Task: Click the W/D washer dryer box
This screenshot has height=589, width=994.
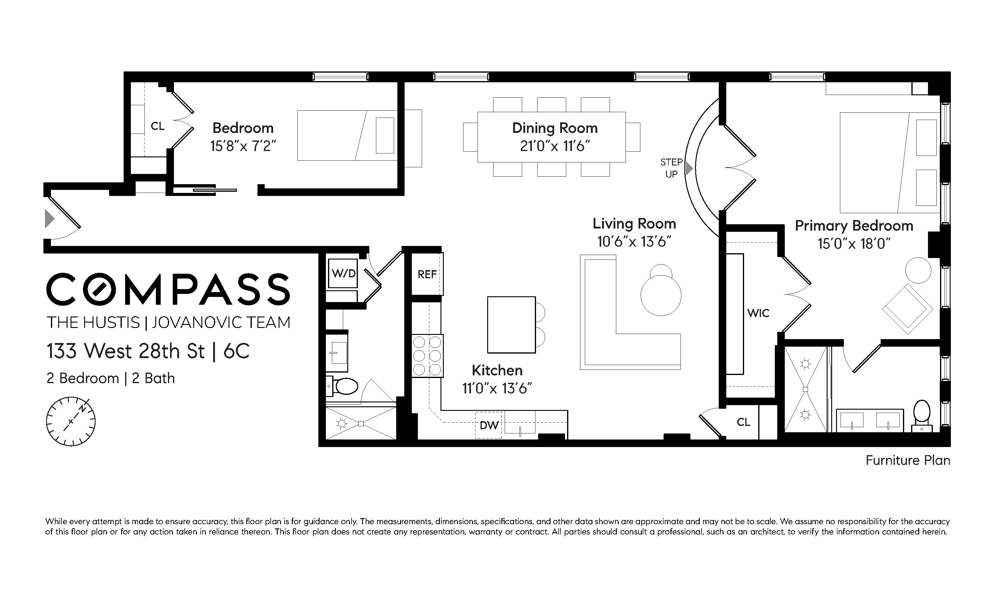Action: [x=343, y=273]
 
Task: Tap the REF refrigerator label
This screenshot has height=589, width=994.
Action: [x=427, y=274]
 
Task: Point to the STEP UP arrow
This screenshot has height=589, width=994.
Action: [x=689, y=168]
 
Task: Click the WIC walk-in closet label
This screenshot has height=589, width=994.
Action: [x=758, y=313]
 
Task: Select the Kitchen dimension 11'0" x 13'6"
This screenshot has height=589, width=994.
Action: [x=497, y=388]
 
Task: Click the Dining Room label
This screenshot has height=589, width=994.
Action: [x=554, y=128]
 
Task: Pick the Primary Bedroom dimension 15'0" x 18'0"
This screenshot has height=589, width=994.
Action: [x=854, y=243]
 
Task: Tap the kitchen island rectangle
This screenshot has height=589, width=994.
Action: [x=511, y=325]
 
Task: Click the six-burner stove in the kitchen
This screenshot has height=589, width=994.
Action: [x=427, y=356]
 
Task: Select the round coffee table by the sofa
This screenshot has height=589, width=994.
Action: [x=661, y=296]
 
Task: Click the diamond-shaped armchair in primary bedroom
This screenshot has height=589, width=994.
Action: [x=907, y=309]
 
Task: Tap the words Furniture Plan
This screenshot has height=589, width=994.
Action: [x=907, y=460]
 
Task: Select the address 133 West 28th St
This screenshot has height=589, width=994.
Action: [x=126, y=351]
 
